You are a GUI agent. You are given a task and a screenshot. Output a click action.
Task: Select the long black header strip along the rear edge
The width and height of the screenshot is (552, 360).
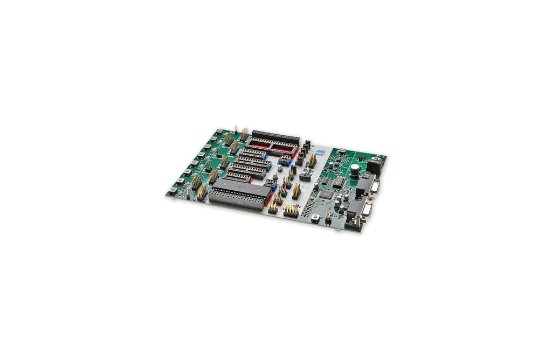coord(275,137)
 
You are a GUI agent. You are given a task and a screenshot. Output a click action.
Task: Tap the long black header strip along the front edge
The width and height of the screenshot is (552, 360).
coord(236,200)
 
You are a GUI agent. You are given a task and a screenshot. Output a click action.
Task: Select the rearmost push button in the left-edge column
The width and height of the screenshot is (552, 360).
coord(219,131)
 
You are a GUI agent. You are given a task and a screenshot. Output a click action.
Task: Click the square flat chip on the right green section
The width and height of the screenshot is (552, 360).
coord(327,195)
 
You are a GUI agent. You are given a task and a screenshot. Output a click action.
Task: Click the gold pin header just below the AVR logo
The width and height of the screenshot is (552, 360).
coord(312,161)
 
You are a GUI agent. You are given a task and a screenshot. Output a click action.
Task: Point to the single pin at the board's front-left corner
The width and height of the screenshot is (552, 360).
coord(188,196)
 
